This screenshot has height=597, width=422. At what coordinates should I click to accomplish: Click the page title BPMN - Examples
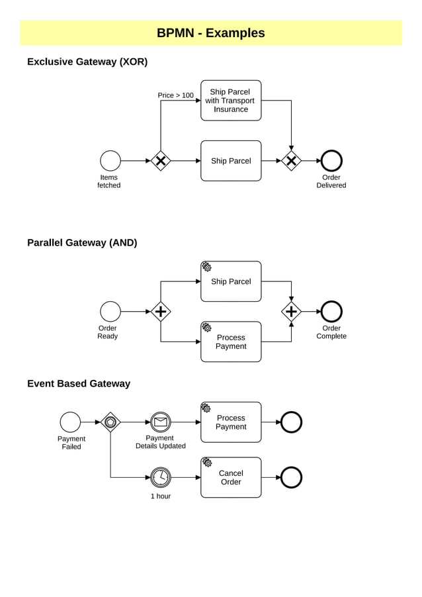[210, 33]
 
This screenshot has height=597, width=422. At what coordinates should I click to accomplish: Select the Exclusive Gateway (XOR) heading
[87, 62]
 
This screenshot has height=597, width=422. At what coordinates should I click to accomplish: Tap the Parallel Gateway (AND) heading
[82, 243]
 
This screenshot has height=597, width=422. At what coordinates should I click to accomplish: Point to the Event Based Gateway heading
[79, 384]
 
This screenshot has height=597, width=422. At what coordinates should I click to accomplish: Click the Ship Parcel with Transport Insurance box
[231, 101]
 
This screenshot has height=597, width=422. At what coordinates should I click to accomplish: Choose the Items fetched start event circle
[110, 161]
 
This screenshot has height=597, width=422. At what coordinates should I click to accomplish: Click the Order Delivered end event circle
[331, 161]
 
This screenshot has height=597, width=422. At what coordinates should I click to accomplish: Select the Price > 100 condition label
[175, 95]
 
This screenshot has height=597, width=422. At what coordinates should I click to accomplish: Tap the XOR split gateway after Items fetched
[161, 161]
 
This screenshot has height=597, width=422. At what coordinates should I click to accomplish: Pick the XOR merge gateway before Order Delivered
[291, 161]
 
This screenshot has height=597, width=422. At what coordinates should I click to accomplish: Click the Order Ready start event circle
[110, 311]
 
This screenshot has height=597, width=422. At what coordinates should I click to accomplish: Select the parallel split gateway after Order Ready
[161, 311]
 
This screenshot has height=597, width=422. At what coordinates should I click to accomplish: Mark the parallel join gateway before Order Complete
[291, 311]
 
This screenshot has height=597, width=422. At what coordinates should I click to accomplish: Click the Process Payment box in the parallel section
[231, 342]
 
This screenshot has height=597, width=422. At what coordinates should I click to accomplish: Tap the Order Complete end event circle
[331, 311]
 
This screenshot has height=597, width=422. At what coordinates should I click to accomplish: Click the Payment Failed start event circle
[70, 422]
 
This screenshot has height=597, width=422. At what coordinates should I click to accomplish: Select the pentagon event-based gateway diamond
[110, 422]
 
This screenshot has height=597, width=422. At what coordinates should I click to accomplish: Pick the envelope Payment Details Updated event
[160, 422]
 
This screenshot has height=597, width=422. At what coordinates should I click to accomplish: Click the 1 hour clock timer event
[160, 477]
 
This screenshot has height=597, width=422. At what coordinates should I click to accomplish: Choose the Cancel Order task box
[231, 477]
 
